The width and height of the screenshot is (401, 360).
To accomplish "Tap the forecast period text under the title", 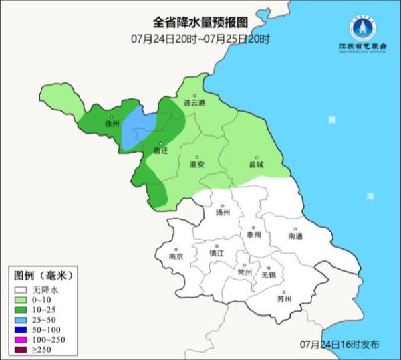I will click(x=200, y=39).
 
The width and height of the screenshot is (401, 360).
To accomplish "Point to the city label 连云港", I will click(x=195, y=103).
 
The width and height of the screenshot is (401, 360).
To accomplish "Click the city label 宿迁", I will click(x=160, y=151).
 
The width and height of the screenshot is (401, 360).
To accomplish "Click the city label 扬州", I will click(x=223, y=213).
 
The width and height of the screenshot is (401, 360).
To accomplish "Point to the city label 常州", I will click(x=245, y=272).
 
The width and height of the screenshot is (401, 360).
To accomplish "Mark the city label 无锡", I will click(x=268, y=275).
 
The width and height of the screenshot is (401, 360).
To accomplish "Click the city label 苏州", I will click(x=285, y=298).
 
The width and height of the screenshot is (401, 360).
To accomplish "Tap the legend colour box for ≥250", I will click(x=22, y=349).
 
